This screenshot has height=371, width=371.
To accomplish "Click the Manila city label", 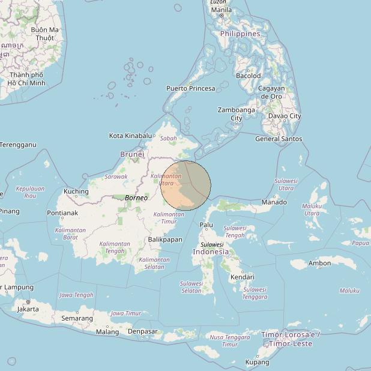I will point(221,10).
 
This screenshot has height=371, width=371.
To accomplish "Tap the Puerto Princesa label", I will point(190,88).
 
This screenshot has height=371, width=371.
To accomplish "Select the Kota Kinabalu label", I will point(130,136).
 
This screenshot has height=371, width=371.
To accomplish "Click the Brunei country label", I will point(132,154).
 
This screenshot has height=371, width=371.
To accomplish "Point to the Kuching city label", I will point(76,192).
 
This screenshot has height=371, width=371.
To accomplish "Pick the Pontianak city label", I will point(62,213).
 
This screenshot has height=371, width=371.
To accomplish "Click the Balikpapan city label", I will point(164,240).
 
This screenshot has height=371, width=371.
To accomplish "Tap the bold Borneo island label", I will point(136,198).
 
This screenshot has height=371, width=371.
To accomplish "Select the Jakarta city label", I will point(28,309).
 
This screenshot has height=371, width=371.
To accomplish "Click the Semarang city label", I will point(77,318).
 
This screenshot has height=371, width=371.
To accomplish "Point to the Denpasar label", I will point(143,331).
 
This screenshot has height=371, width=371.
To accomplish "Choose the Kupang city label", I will point(257,362).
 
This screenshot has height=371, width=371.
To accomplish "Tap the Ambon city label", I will point(319,263).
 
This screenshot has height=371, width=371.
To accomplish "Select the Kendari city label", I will point(242,277).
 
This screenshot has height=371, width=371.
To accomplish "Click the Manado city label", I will point(274,202).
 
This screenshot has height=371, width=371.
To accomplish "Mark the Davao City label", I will point(285,116).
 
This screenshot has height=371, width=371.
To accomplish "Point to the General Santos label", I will point(279,139).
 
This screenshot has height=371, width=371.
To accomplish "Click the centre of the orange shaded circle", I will point(186,185).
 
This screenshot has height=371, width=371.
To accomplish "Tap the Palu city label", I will point(206,225).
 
